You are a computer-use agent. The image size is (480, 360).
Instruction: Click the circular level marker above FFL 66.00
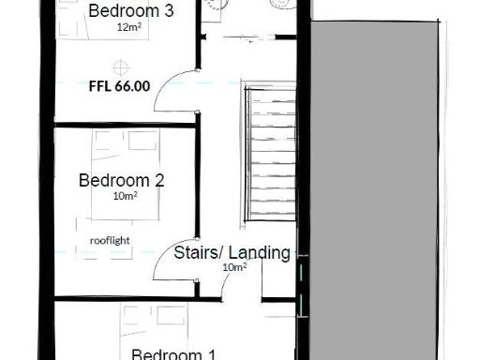(120, 66)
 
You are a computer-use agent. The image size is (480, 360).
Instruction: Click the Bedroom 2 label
(121, 179)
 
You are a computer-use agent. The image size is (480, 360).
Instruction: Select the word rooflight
(110, 240)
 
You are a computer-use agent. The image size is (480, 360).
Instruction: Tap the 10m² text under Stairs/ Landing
(233, 267)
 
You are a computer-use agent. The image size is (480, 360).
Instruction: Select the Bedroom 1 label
(173, 353)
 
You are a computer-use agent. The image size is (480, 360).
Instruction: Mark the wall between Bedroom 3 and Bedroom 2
(122, 124)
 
